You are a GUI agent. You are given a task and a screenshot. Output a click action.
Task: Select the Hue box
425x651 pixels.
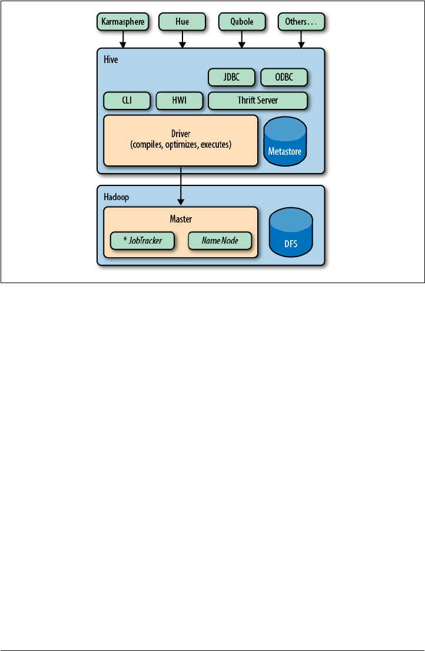tap(182, 22)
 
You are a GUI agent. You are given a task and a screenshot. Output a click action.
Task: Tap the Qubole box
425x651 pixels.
tap(242, 22)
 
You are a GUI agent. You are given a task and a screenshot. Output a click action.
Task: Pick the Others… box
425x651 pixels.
tap(301, 22)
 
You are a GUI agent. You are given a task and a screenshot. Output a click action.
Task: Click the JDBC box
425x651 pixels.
tap(231, 77)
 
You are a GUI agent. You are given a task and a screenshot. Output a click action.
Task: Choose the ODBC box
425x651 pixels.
tap(284, 77)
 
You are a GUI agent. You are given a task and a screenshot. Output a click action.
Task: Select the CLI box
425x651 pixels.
tap(127, 101)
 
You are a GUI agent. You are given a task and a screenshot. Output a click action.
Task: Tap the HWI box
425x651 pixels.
tap(179, 101)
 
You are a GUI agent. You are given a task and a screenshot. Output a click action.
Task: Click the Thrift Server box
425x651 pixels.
tap(258, 101)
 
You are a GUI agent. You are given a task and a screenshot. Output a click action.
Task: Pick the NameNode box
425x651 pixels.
tap(220, 240)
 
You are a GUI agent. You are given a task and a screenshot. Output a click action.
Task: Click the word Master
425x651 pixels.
tap(181, 219)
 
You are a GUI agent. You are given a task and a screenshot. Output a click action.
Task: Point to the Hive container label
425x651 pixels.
tap(109, 59)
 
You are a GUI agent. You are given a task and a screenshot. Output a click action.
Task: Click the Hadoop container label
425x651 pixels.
tap(114, 196)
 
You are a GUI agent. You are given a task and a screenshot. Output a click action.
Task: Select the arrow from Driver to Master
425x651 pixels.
tap(181, 185)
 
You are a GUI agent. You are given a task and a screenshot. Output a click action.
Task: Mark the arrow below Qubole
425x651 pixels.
tap(242, 39)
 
